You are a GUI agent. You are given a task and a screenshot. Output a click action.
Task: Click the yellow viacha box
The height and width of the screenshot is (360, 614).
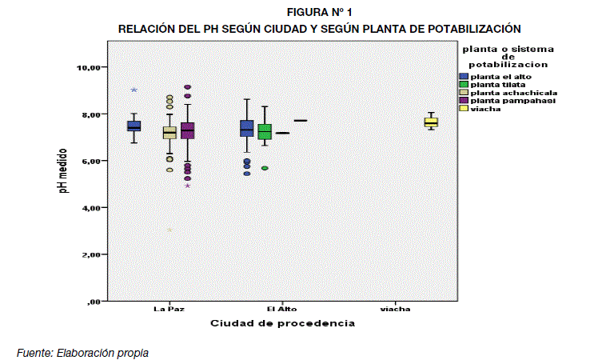pyautogui.click(x=431, y=122)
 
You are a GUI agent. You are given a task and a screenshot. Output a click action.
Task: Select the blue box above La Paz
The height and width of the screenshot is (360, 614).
pyautogui.click(x=134, y=126)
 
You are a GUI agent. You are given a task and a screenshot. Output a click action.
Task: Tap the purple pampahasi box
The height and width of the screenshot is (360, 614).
pyautogui.click(x=188, y=130)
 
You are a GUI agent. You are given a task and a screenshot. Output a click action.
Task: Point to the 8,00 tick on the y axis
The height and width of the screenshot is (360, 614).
pyautogui.click(x=86, y=114)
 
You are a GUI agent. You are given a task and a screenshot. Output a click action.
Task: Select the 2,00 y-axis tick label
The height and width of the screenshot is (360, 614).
pyautogui.click(x=86, y=255)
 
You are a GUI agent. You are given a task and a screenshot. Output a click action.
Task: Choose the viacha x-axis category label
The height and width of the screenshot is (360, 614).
pyautogui.click(x=395, y=310)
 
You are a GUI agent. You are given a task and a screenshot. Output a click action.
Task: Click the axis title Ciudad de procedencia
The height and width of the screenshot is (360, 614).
pyautogui.click(x=282, y=324)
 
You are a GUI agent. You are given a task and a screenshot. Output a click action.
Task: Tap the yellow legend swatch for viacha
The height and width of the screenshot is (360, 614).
pyautogui.click(x=463, y=108)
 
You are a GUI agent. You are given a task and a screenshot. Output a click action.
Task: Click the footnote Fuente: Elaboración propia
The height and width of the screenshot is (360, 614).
pyautogui.click(x=82, y=352)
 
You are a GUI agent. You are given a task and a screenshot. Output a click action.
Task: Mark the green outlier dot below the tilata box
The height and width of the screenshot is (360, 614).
pyautogui.click(x=264, y=168)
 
